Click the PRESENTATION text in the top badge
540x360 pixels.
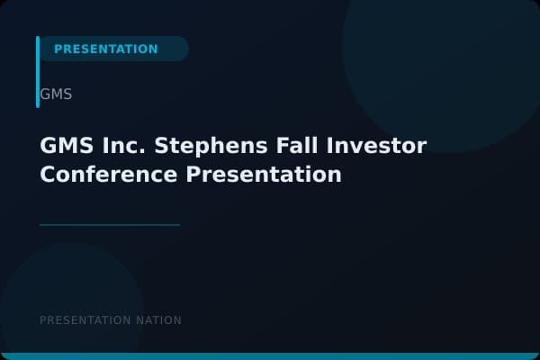click(x=105, y=49)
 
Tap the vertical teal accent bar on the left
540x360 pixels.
click(x=38, y=72)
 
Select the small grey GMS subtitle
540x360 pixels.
click(x=56, y=94)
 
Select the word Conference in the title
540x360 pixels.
click(x=109, y=175)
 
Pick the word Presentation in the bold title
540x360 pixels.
click(x=264, y=175)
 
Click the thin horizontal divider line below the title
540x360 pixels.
click(x=110, y=225)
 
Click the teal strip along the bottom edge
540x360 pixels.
click(x=270, y=356)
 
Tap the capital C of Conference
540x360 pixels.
click(x=48, y=175)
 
